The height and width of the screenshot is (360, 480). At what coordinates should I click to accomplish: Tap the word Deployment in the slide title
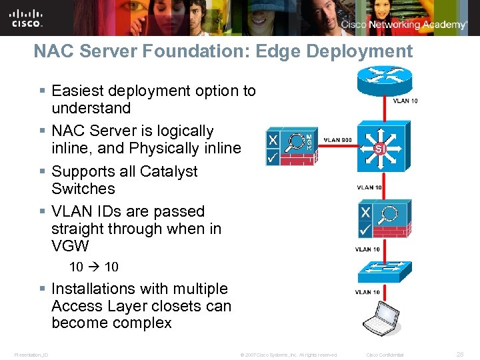[353, 51]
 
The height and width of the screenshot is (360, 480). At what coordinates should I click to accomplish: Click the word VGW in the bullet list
[69, 246]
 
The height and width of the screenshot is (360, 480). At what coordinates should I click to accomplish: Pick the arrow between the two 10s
[94, 267]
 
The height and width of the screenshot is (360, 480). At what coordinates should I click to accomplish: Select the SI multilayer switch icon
[379, 148]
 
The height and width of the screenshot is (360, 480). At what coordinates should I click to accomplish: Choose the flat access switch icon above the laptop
[379, 269]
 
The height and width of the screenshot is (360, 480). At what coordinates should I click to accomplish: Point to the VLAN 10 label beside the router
[405, 101]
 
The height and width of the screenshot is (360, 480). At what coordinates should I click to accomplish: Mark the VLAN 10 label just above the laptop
[367, 292]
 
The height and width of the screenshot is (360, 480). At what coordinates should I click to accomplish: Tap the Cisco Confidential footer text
[385, 354]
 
